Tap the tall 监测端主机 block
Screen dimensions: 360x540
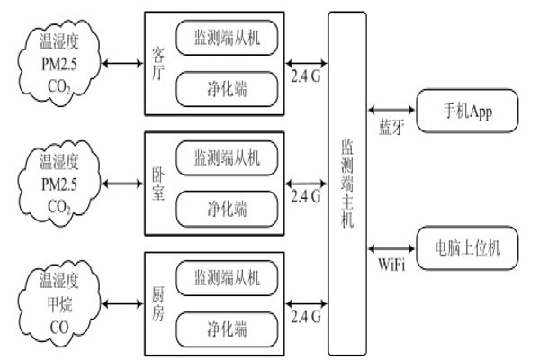point(348,184)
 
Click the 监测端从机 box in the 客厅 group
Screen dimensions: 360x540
point(226,37)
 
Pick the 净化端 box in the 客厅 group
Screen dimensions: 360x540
point(226,88)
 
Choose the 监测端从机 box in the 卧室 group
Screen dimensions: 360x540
point(226,158)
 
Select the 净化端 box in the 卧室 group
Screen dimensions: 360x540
point(226,210)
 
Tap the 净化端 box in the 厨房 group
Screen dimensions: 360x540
point(226,326)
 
